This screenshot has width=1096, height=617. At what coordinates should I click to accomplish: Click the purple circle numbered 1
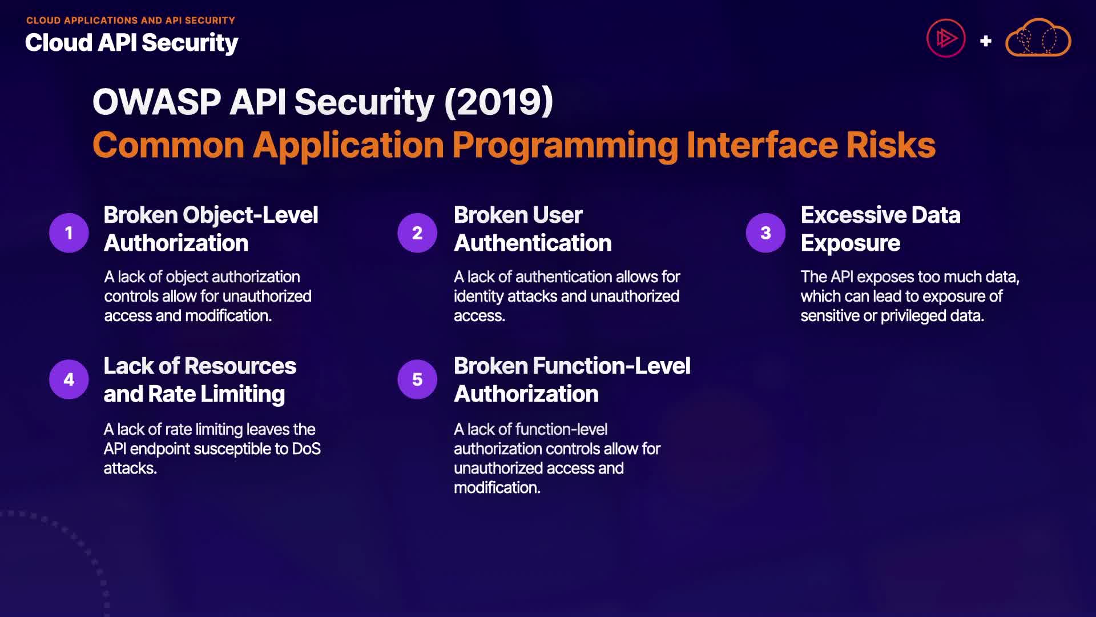(x=69, y=233)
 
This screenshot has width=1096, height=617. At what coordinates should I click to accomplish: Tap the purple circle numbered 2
(x=417, y=233)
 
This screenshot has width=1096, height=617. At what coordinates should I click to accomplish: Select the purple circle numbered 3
(x=765, y=233)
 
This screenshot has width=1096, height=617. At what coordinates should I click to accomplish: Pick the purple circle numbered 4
(x=69, y=379)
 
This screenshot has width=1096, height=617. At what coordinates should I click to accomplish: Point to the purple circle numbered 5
(x=417, y=379)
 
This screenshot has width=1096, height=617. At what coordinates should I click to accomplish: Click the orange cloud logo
(x=1038, y=38)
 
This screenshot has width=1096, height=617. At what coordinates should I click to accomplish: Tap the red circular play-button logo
(x=946, y=38)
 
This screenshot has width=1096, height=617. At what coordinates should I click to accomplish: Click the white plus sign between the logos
(x=985, y=41)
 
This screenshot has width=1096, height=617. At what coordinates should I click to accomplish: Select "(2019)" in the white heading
(x=498, y=102)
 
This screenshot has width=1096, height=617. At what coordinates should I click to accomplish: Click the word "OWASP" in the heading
(x=157, y=102)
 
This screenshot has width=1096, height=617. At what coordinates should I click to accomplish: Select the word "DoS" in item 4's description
(x=307, y=448)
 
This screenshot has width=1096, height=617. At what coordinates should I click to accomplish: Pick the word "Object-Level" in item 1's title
(x=251, y=215)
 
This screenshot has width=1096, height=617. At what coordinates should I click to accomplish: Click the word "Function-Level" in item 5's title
(x=611, y=366)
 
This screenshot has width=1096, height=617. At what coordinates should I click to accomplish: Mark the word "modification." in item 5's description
(x=497, y=487)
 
